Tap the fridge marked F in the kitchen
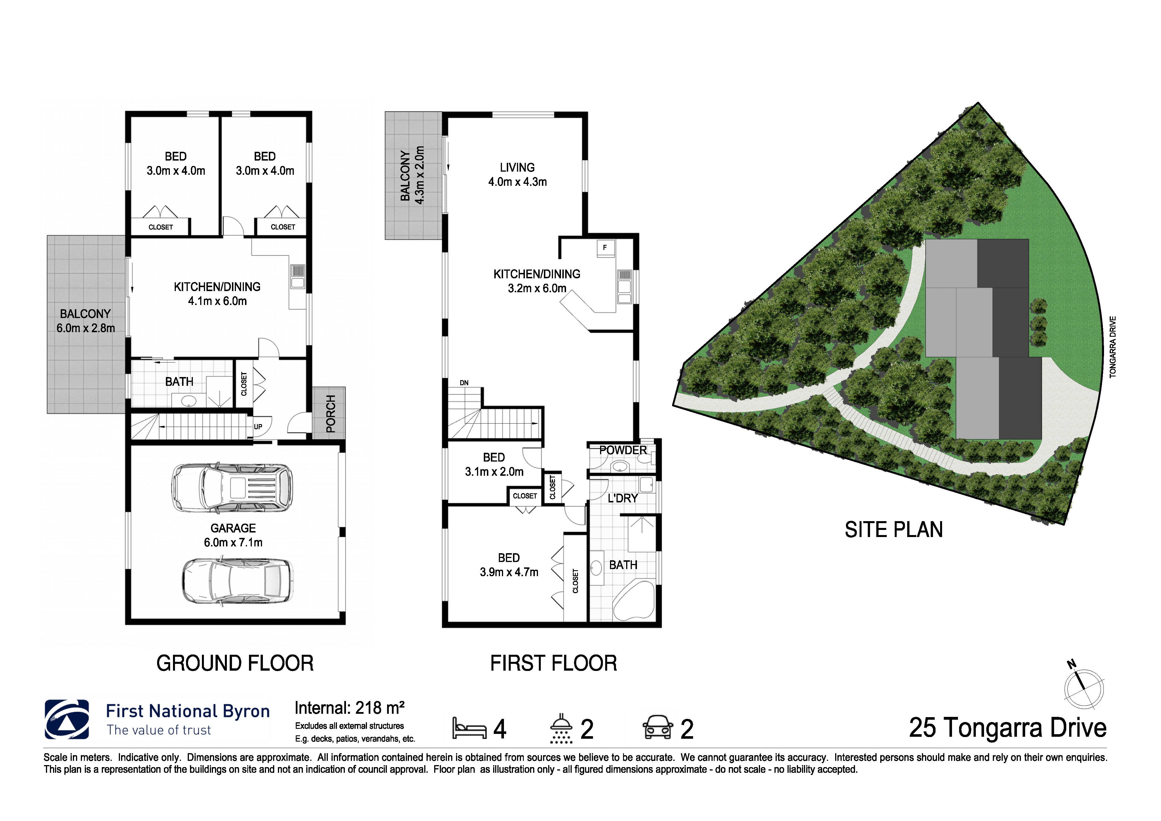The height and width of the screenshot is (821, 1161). coord(605,248)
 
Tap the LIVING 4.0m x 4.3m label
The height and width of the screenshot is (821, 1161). coord(517,174)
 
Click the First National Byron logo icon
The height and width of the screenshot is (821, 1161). coord(67,719)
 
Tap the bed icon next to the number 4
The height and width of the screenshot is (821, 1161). coord(469,729)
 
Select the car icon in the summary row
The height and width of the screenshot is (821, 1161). coord(657,729)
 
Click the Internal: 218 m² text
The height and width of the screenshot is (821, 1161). coord(349,708)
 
